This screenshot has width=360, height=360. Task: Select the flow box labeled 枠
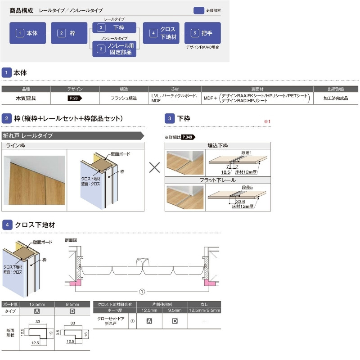pyautogui.click(x=69, y=33)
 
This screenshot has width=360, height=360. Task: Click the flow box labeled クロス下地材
pyautogui.click(x=161, y=33)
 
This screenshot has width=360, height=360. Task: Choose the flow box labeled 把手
pyautogui.click(x=202, y=33)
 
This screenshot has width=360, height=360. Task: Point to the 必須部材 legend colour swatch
pyautogui.click(x=199, y=11)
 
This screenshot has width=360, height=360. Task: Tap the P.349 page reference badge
pyautogui.click(x=189, y=137)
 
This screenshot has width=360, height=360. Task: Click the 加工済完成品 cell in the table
pyautogui.click(x=336, y=98)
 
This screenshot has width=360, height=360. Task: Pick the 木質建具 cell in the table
pyautogui.click(x=26, y=98)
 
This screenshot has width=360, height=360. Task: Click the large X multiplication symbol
pyautogui.click(x=154, y=167)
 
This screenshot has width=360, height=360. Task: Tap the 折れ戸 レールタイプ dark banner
pyautogui.click(x=72, y=135)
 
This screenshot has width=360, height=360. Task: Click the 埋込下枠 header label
pyautogui.click(x=218, y=145)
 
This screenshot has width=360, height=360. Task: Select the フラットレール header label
pyautogui.click(x=218, y=180)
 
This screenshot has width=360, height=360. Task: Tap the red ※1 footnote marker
pyautogui.click(x=266, y=121)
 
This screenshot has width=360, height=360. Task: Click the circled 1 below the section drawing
pyautogui.click(x=143, y=292)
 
